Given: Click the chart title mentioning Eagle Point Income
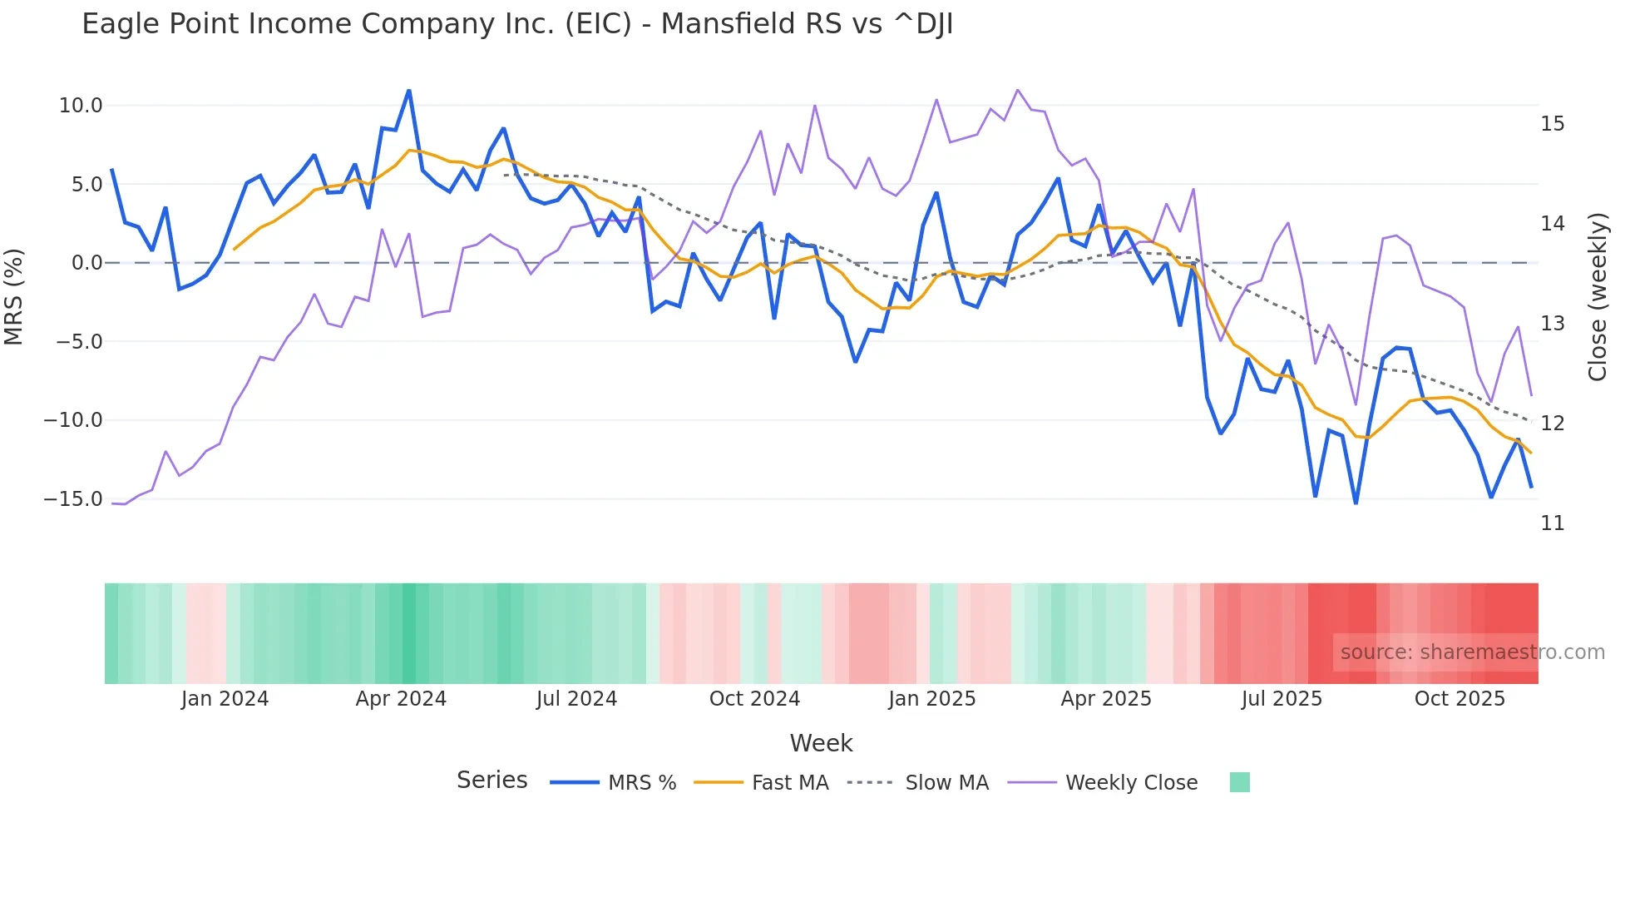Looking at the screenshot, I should click(516, 24).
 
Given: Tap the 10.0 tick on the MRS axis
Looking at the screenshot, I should click(81, 106).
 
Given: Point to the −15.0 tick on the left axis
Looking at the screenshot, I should click(73, 499).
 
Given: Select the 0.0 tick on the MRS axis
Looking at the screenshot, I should click(86, 263).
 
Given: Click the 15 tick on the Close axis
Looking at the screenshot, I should click(1552, 124).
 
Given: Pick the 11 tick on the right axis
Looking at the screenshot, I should click(1552, 523).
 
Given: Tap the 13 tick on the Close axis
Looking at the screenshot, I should click(1552, 324).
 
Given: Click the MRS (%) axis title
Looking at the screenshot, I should click(14, 296).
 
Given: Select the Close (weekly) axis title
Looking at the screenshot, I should click(1597, 297).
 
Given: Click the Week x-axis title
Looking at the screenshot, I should click(821, 743).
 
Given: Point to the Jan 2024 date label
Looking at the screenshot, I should click(225, 699).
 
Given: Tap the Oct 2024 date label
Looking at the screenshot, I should click(754, 699).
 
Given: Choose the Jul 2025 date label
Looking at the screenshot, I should click(1282, 699).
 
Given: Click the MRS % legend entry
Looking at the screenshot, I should click(641, 783).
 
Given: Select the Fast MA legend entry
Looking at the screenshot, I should click(789, 783).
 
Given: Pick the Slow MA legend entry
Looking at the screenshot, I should click(946, 783).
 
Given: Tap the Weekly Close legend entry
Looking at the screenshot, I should click(1131, 783).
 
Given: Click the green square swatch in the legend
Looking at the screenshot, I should click(1239, 782).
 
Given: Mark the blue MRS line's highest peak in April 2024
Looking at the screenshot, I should click(408, 91).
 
